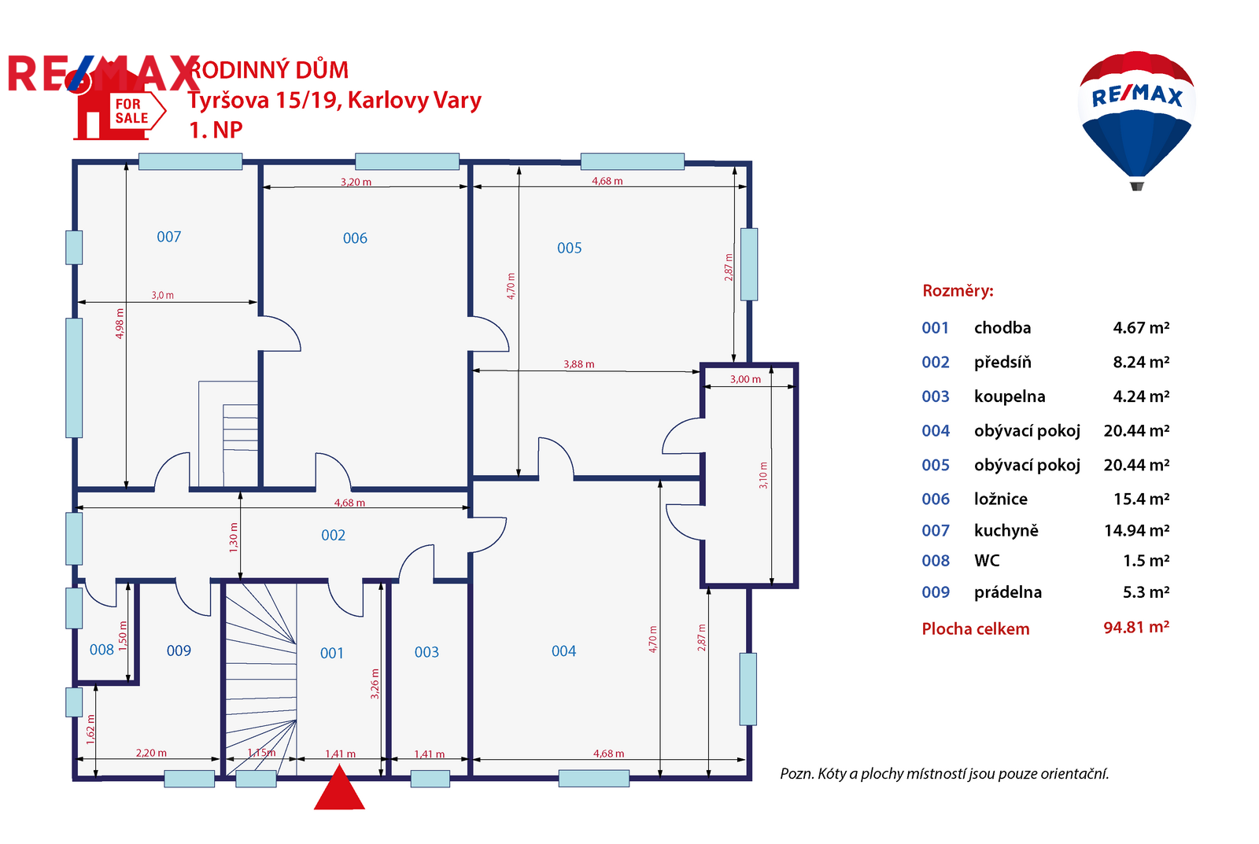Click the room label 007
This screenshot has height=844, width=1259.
tap(168, 237)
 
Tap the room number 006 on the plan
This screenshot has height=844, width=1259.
tap(355, 238)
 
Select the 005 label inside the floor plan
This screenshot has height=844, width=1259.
tap(569, 248)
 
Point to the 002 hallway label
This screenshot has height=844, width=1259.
tap(333, 535)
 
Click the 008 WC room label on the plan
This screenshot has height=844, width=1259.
tap(102, 650)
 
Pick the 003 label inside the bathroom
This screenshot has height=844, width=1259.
tap(426, 652)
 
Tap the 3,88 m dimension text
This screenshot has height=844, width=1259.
tap(578, 364)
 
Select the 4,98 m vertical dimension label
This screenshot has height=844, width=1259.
tap(119, 323)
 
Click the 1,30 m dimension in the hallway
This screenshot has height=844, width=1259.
tap(233, 538)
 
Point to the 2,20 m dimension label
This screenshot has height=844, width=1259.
tap(150, 753)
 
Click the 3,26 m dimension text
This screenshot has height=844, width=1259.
tap(375, 684)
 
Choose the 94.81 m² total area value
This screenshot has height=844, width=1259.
tap(1136, 627)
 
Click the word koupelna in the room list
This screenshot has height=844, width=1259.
tap(1010, 396)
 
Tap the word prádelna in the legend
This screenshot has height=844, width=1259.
tap(1008, 592)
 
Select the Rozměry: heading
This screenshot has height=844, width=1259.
tap(958, 290)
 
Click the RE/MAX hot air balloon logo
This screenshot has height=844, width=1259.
tap(1136, 121)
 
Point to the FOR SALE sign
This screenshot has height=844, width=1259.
tap(132, 111)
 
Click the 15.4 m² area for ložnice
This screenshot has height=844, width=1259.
tap(1141, 499)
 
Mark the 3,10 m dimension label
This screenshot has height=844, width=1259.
tap(762, 475)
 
